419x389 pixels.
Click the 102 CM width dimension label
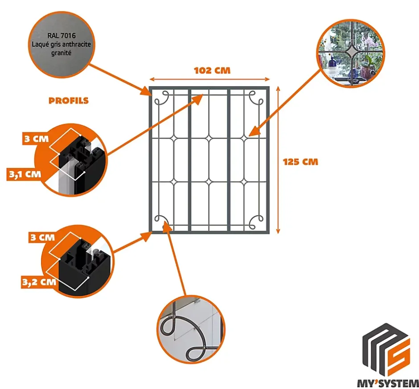tap(212, 70)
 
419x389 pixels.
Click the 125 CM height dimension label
tap(301, 161)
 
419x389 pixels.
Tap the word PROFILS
tap(69, 101)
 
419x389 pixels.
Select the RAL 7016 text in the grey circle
tap(63, 35)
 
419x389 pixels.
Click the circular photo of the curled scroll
tap(190, 329)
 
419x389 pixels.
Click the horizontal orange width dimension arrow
tap(209, 79)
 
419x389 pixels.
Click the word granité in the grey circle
tap(63, 52)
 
